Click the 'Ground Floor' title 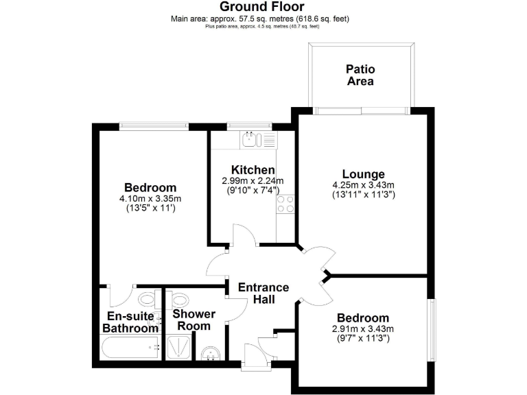pyautogui.click(x=263, y=8)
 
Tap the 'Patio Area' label pyautogui.click(x=360, y=75)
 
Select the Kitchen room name pyautogui.click(x=253, y=170)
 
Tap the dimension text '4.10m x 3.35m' pyautogui.click(x=150, y=199)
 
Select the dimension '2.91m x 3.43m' pyautogui.click(x=362, y=329)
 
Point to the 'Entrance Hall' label pyautogui.click(x=263, y=294)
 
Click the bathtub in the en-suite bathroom pyautogui.click(x=130, y=349)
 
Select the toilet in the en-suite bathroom pyautogui.click(x=147, y=300)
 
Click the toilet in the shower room pyautogui.click(x=180, y=300)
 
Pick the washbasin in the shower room pyautogui.click(x=212, y=353)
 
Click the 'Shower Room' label pyautogui.click(x=194, y=320)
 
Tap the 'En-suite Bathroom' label pyautogui.click(x=130, y=322)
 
